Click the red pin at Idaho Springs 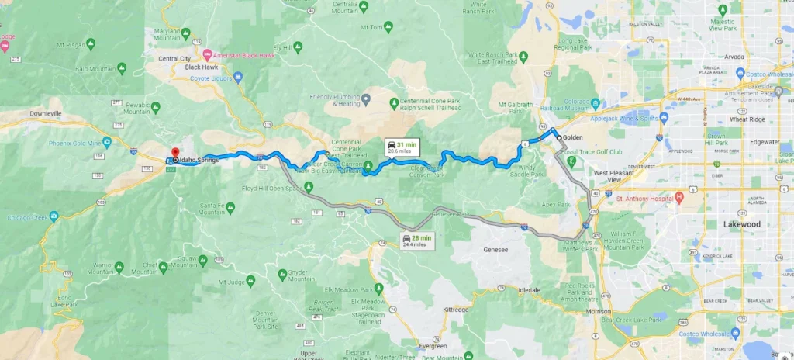tap(174, 153)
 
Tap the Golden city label tap(573, 137)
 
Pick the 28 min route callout tap(413, 240)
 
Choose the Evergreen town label tap(433, 346)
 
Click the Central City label tap(174, 58)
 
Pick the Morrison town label tap(599, 312)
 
